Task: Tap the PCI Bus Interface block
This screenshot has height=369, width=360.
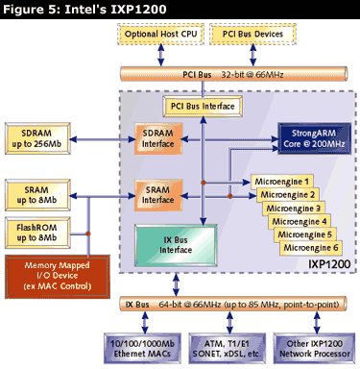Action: coord(203,105)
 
